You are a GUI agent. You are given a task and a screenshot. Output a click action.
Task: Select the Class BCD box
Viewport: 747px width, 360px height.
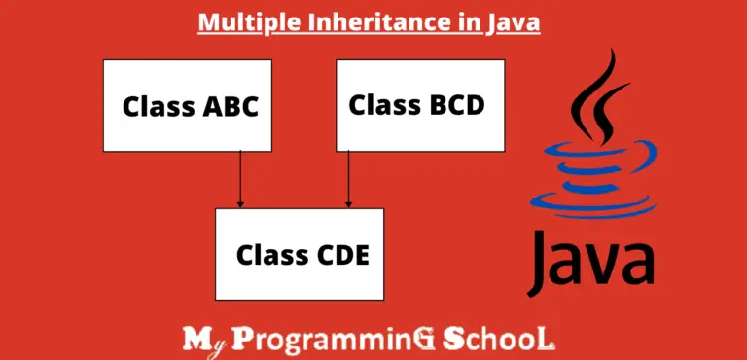coord(420,105)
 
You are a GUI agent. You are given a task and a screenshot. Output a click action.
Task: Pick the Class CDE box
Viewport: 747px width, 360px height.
coord(299,254)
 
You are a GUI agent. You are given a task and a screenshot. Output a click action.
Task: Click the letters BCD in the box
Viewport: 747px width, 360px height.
coord(452,103)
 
